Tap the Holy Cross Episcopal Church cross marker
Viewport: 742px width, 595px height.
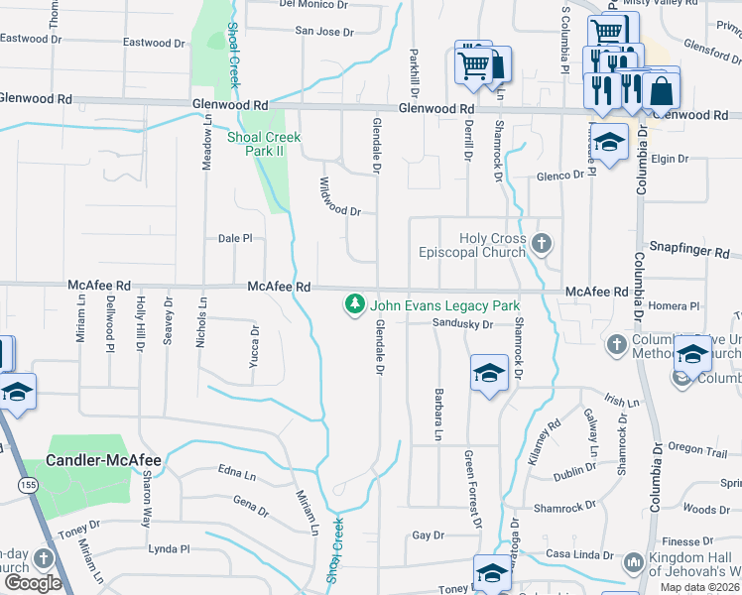[x=541, y=243]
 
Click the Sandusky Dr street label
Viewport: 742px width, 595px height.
[x=462, y=324]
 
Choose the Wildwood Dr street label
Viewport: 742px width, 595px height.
[x=339, y=197]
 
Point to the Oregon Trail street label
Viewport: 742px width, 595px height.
[x=697, y=449]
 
